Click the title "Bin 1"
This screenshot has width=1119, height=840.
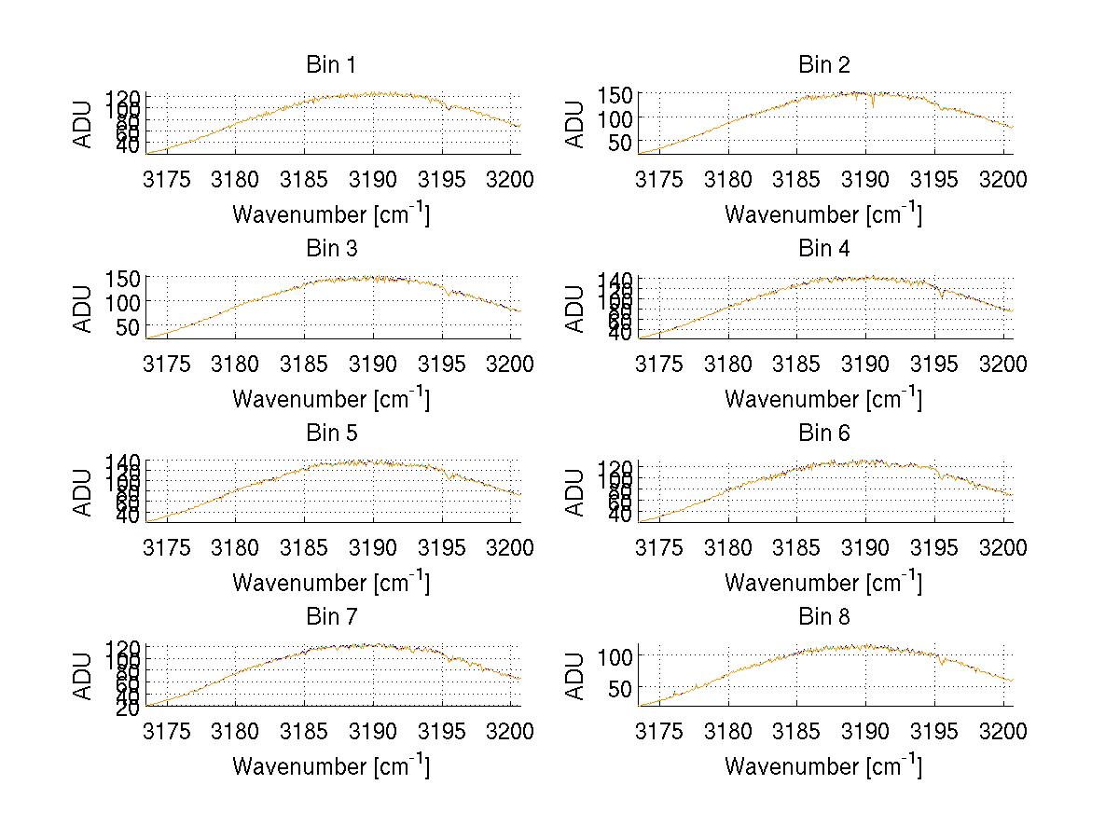pyautogui.click(x=330, y=65)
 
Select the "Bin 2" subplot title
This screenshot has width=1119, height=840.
pyautogui.click(x=823, y=65)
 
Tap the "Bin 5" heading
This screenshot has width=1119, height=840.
pyautogui.click(x=330, y=434)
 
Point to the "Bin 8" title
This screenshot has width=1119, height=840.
pyautogui.click(x=823, y=617)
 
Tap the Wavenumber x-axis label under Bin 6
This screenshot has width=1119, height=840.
pyautogui.click(x=823, y=583)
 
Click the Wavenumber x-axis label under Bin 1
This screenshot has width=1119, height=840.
pyautogui.click(x=330, y=214)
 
